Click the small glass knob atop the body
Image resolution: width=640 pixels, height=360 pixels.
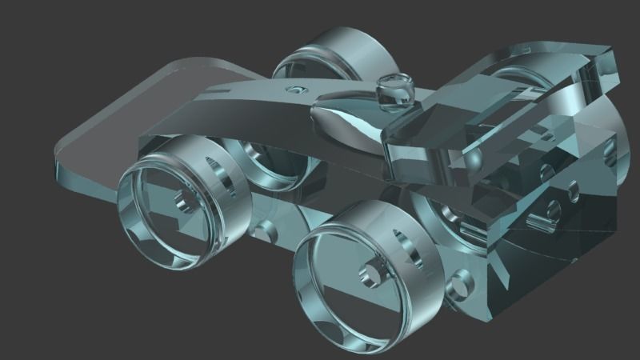[x=395, y=90]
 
